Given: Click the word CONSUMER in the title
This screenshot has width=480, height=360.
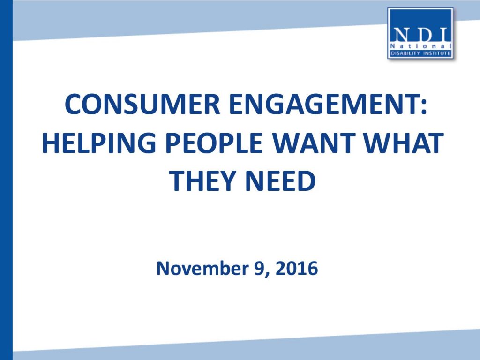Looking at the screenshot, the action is coord(142,104).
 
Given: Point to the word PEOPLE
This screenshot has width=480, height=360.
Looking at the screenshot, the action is coord(214,142).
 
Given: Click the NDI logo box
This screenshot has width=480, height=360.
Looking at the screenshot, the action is coord(420,33).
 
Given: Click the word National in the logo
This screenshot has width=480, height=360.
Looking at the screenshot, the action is coord(420,46).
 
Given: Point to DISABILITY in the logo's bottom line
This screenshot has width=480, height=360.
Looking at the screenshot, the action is coord(405,53).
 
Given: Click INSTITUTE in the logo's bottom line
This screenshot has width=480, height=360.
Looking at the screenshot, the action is coord(437,53).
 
